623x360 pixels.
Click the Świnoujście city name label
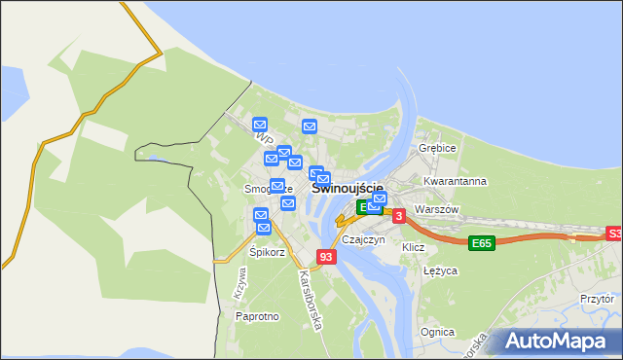[x=347, y=188]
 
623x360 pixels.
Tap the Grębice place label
[x=437, y=148]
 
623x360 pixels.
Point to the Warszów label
[x=435, y=209]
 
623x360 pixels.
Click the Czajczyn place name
[x=363, y=239]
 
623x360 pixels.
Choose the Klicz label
[x=413, y=247]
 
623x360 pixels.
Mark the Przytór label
[x=597, y=300]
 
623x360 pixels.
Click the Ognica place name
[x=437, y=332]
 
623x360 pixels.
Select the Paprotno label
[x=258, y=316]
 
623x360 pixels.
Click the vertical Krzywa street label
[x=240, y=282]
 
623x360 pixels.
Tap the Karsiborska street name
[x=310, y=298]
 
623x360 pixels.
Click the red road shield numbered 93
[x=326, y=257]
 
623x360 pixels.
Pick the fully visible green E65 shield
[x=481, y=242]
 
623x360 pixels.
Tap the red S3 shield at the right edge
[x=613, y=234]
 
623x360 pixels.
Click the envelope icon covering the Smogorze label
[x=277, y=186]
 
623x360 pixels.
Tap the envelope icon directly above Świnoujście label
[x=324, y=179]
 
